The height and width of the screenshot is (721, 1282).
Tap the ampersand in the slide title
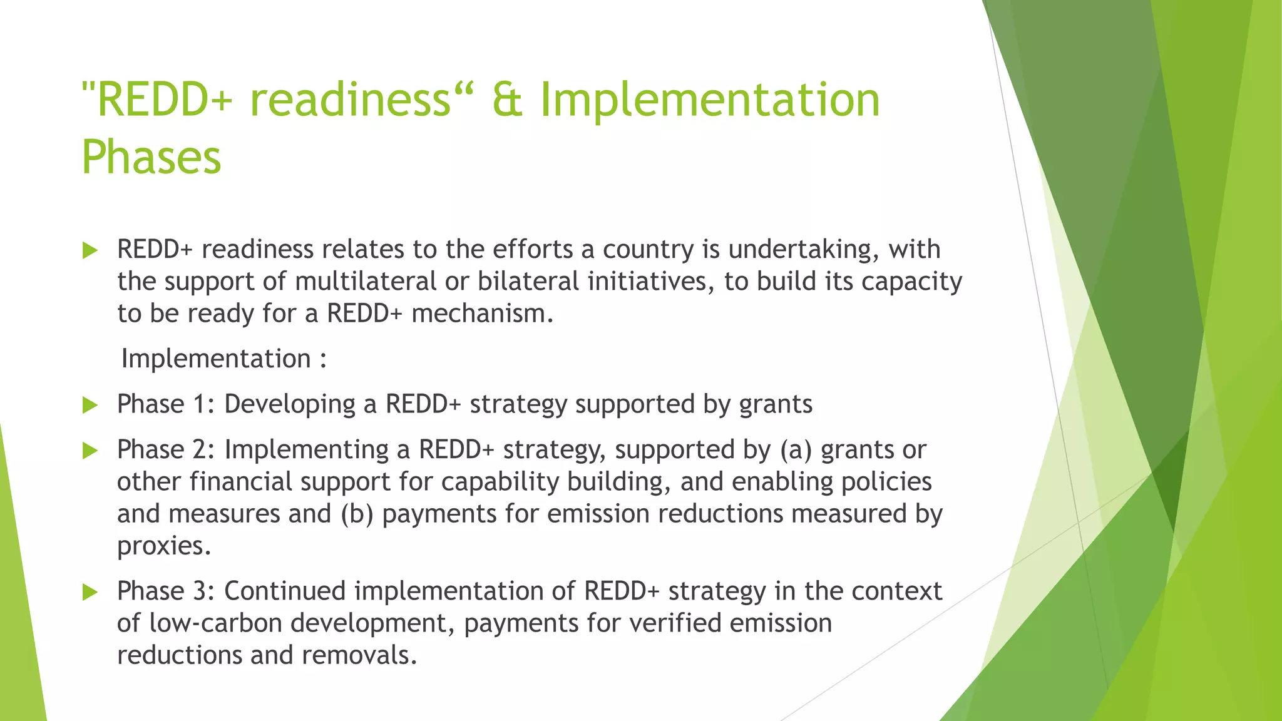tap(507, 100)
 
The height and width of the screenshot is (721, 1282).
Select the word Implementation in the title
tap(710, 100)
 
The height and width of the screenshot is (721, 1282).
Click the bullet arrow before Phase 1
tap(91, 406)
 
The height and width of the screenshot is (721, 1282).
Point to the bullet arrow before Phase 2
tap(91, 451)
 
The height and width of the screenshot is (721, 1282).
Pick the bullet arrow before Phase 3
tap(91, 592)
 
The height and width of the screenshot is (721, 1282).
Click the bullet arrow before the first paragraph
tap(91, 251)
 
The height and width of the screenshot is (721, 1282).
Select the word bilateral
tap(528, 281)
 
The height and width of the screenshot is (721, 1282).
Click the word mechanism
tap(482, 313)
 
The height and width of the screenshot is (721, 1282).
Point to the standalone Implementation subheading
tap(216, 359)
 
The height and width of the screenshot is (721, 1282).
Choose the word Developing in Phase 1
tap(290, 404)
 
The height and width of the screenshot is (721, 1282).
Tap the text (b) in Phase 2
tap(357, 514)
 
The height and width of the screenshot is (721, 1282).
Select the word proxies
tap(164, 546)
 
